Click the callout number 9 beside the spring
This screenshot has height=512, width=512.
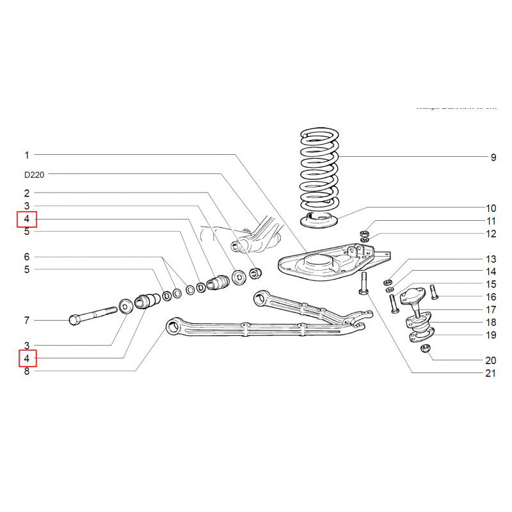click(x=493, y=157)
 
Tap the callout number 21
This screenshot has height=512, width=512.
click(x=490, y=373)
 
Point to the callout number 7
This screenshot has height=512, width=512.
click(x=27, y=320)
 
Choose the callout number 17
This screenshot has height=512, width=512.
click(x=491, y=310)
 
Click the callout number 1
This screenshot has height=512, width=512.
click(x=27, y=155)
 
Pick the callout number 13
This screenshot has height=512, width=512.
click(x=491, y=259)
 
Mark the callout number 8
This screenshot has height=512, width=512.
click(x=27, y=371)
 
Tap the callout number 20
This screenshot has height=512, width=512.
click(x=491, y=360)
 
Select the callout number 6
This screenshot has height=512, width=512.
click(x=27, y=257)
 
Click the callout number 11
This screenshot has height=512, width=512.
click(x=491, y=221)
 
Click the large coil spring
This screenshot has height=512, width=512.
click(x=319, y=170)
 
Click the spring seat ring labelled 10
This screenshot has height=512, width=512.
click(x=318, y=220)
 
